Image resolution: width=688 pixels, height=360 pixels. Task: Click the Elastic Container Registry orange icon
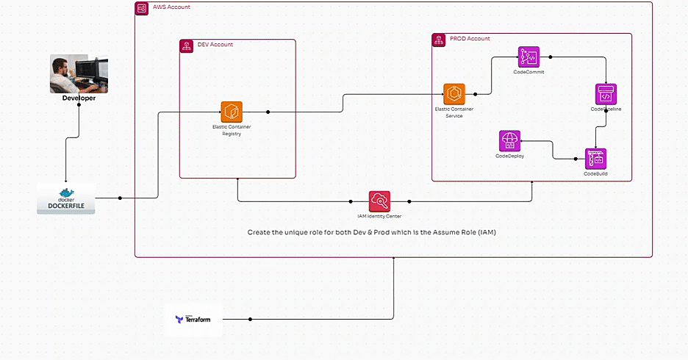[x=232, y=112]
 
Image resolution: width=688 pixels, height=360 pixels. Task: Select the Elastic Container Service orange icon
[x=454, y=94]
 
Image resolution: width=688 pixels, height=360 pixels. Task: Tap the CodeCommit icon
[x=528, y=57]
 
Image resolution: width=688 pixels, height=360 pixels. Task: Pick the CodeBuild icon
[x=595, y=159]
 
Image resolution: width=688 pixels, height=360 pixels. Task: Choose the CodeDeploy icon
[x=509, y=140]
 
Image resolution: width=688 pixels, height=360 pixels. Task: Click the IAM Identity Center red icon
[x=379, y=201]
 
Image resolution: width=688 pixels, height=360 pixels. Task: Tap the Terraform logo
[x=193, y=319]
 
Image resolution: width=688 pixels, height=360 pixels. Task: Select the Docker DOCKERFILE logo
[x=66, y=198]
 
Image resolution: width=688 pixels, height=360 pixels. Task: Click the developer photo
[x=79, y=73]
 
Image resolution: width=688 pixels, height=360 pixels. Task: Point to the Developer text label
[x=79, y=98]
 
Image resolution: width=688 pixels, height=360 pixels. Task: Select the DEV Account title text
[x=215, y=45]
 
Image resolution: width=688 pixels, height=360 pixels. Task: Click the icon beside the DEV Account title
[x=187, y=46]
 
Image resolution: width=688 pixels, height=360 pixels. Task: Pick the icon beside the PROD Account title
[x=438, y=40]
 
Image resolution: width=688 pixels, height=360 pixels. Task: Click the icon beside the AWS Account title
[x=141, y=8]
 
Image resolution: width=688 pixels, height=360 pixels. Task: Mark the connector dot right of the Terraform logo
[x=251, y=319]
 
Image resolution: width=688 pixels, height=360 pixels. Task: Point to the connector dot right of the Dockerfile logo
[x=120, y=198]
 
